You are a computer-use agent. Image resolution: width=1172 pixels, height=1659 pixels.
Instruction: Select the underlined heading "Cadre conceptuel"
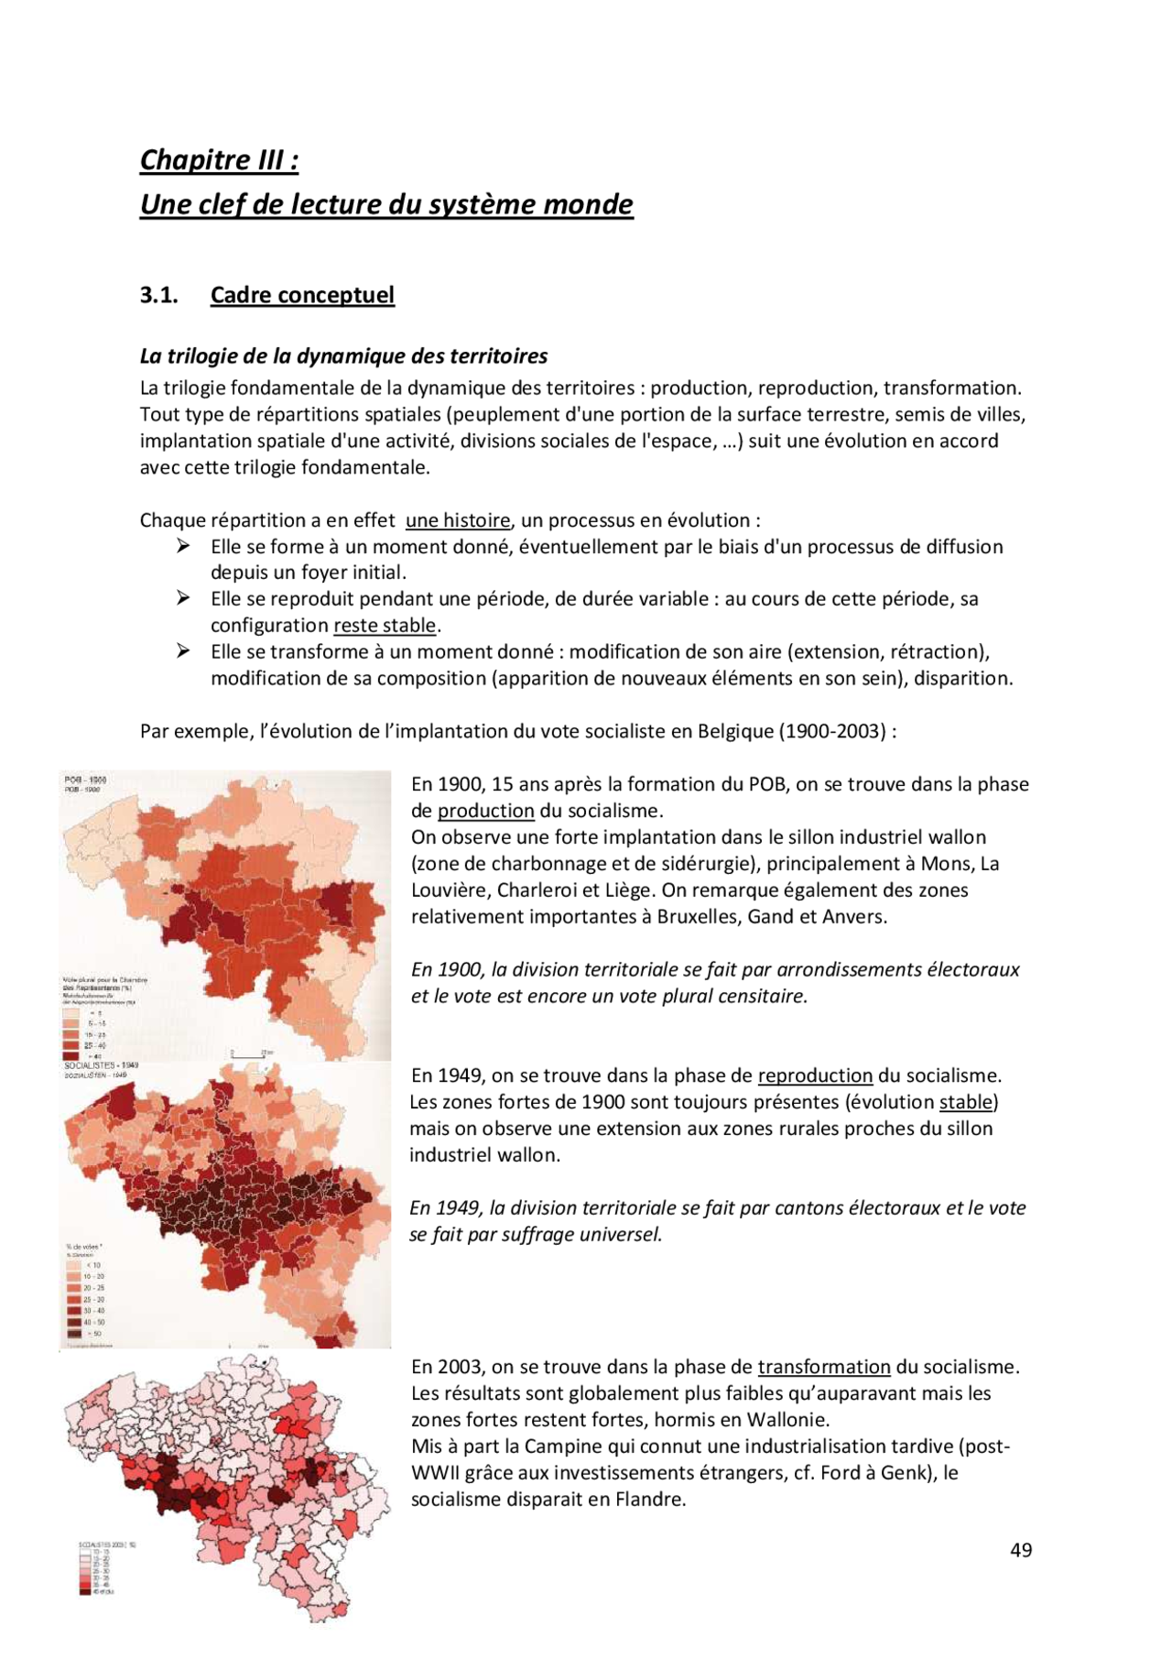click(302, 295)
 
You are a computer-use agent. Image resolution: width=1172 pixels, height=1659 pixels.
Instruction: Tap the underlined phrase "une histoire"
click(457, 520)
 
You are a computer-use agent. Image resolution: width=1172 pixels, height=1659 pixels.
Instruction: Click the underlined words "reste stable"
click(385, 626)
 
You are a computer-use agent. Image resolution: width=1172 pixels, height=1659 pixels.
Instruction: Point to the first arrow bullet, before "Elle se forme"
click(183, 546)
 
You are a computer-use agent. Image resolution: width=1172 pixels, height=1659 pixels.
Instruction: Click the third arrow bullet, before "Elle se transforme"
click(183, 651)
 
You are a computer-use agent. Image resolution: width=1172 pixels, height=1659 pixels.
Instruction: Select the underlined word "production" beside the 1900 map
click(485, 811)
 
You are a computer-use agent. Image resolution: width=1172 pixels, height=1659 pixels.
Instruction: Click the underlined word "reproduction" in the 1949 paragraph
click(815, 1075)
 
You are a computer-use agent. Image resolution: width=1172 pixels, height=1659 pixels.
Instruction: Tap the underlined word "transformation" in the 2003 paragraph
click(823, 1367)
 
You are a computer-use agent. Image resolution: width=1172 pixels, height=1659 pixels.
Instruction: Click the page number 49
click(1021, 1550)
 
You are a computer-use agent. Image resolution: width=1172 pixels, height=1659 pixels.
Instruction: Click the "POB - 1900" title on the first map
click(85, 780)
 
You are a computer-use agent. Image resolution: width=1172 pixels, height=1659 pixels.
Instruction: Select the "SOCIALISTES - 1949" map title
click(101, 1065)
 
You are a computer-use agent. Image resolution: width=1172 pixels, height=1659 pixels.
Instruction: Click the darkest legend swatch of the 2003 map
click(85, 1592)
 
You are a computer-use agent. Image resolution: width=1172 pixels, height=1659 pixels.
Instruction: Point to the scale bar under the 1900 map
click(248, 1055)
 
